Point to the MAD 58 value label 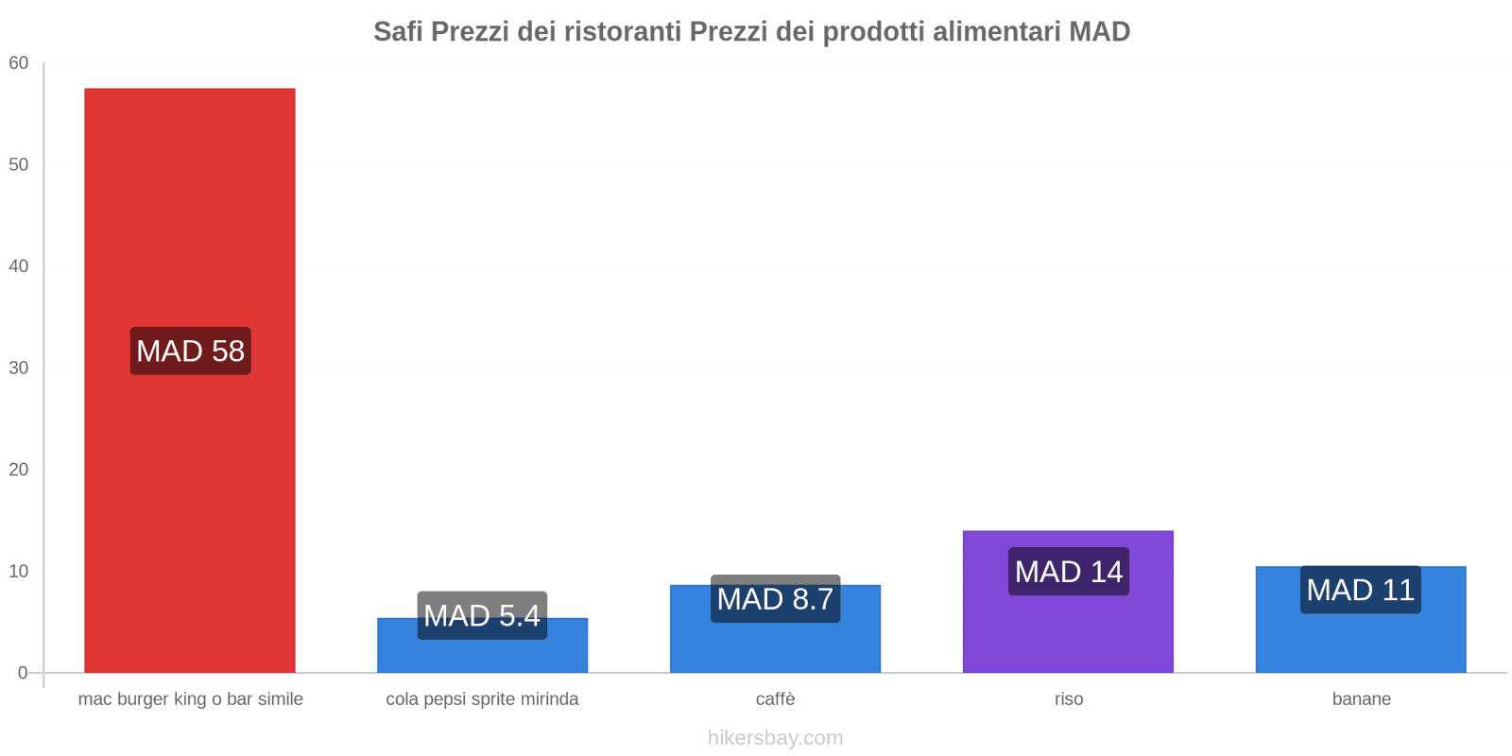click(x=190, y=351)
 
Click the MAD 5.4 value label click(x=482, y=615)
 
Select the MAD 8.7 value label click(x=775, y=599)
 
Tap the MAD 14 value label click(x=1068, y=572)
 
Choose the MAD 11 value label click(x=1360, y=590)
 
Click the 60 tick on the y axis click(x=19, y=63)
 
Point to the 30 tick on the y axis click(x=19, y=369)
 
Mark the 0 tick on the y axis click(x=23, y=673)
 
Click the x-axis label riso click(x=1069, y=699)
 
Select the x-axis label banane click(x=1361, y=699)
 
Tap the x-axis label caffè click(x=775, y=699)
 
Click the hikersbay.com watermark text click(x=775, y=738)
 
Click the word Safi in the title click(x=398, y=32)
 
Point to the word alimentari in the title click(x=996, y=32)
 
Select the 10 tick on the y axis click(x=19, y=572)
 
